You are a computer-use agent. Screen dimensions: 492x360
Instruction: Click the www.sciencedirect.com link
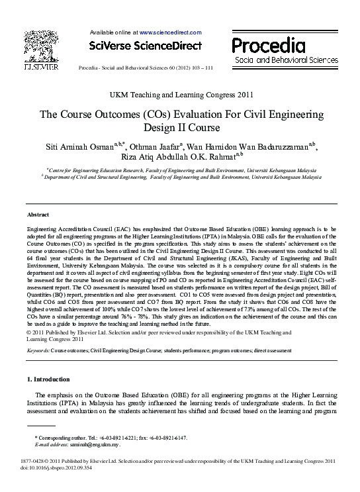pyautogui.click(x=169, y=32)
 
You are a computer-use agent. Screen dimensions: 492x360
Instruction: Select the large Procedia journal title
pyautogui.click(x=268, y=44)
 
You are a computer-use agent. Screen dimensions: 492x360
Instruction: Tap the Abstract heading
pyautogui.click(x=38, y=215)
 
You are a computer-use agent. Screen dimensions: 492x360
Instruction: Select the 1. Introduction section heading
pyautogui.click(x=48, y=379)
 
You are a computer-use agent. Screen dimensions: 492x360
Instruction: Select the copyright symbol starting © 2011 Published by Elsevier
pyautogui.click(x=28, y=332)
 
